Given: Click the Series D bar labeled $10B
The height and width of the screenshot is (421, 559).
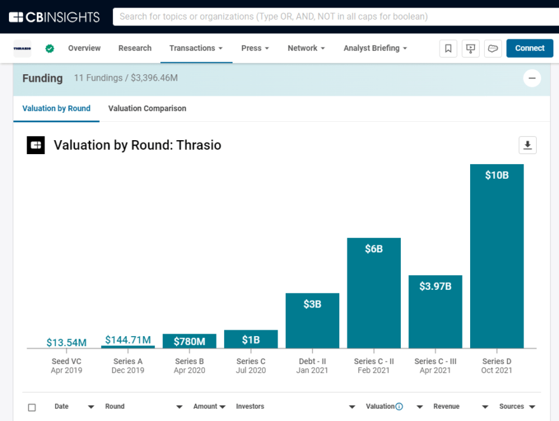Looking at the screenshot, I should tap(497, 256).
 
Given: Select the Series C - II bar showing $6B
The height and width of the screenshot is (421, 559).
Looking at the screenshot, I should tap(374, 293).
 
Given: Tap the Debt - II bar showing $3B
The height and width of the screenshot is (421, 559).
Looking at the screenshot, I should tap(313, 320).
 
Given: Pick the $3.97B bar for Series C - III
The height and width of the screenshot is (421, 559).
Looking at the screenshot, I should tap(435, 311).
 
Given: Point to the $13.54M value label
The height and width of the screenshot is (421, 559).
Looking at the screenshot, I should tap(67, 342).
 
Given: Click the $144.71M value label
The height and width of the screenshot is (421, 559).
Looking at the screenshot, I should tap(128, 340).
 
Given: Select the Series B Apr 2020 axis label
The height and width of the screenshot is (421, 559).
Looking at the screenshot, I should tap(189, 366).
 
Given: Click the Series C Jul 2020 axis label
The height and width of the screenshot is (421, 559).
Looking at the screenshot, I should tap(251, 366).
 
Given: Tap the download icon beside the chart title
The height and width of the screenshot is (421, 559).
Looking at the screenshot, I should tap(527, 145).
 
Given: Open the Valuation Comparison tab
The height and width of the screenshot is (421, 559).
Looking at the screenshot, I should tap(147, 108).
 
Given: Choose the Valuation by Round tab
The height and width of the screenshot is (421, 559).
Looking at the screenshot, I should tap(57, 108).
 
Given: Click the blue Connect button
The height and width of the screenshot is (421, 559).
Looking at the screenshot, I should tap(529, 48).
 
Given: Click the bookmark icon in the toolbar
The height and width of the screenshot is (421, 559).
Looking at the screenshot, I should tap(448, 48).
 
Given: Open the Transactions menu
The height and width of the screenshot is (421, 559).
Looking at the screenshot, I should tap(196, 48).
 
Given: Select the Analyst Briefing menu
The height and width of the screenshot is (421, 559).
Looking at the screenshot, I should tap(375, 48).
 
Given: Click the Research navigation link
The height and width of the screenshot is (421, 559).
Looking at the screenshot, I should tap(135, 48).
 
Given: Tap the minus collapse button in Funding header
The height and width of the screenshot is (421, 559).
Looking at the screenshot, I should tap(532, 79).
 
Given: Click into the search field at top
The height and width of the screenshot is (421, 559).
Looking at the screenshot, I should tap(330, 16).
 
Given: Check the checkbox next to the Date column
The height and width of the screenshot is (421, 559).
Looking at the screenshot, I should tap(32, 407).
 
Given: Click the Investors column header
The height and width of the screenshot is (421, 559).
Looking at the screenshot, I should tap(250, 406).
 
